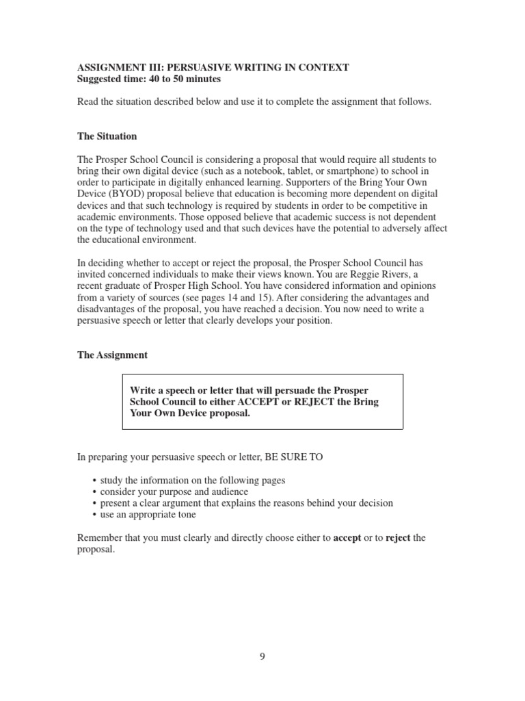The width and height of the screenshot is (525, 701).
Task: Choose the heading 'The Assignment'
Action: (x=111, y=355)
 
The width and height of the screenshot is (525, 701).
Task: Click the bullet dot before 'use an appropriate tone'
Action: (x=94, y=515)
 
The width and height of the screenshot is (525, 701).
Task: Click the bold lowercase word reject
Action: (x=398, y=538)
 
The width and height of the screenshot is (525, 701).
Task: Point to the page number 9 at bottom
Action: (x=262, y=656)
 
